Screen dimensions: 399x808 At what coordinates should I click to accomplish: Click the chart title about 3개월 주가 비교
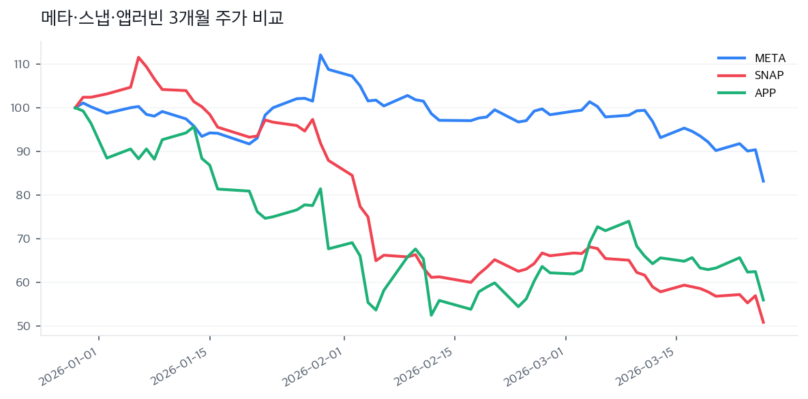(x=162, y=18)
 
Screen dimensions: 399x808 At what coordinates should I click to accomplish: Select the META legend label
(x=770, y=57)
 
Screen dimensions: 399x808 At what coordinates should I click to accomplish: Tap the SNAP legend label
(x=769, y=75)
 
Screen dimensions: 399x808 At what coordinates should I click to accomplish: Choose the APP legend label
(x=765, y=93)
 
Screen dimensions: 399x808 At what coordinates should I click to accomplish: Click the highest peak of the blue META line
(x=320, y=55)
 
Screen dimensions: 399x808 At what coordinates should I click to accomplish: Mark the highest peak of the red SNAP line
(x=138, y=57)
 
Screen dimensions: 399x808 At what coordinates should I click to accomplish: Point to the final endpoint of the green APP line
(x=763, y=300)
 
